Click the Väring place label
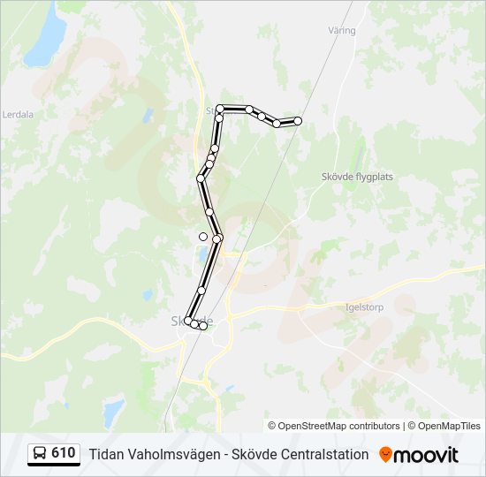(x=341, y=31)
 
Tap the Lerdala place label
(x=18, y=114)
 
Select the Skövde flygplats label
(x=357, y=177)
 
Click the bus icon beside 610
(x=40, y=454)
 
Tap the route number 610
(x=64, y=454)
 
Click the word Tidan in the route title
(x=105, y=455)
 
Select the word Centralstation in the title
(x=322, y=455)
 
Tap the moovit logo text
(x=426, y=455)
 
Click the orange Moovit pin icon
(x=385, y=454)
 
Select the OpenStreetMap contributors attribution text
(x=339, y=426)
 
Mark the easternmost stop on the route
(x=298, y=120)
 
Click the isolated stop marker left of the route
(x=203, y=236)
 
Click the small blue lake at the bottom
(x=113, y=411)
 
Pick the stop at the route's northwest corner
(x=220, y=109)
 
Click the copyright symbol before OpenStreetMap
(x=272, y=426)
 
